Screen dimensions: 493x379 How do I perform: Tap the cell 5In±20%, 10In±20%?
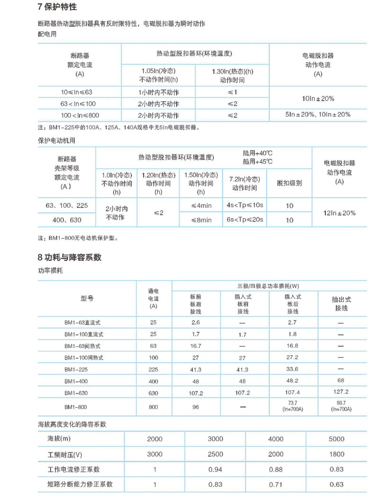coord(318,114)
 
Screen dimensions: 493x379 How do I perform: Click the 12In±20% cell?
coord(339,213)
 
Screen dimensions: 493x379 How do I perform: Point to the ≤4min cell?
coord(201,206)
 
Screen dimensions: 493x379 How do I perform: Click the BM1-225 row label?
coord(76,368)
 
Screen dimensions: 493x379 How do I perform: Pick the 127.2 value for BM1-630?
coord(340,392)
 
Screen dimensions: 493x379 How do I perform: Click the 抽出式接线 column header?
coord(340,304)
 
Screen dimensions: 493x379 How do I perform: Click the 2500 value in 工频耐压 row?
coord(216,454)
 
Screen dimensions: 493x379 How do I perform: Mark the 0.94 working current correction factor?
coord(216,469)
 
